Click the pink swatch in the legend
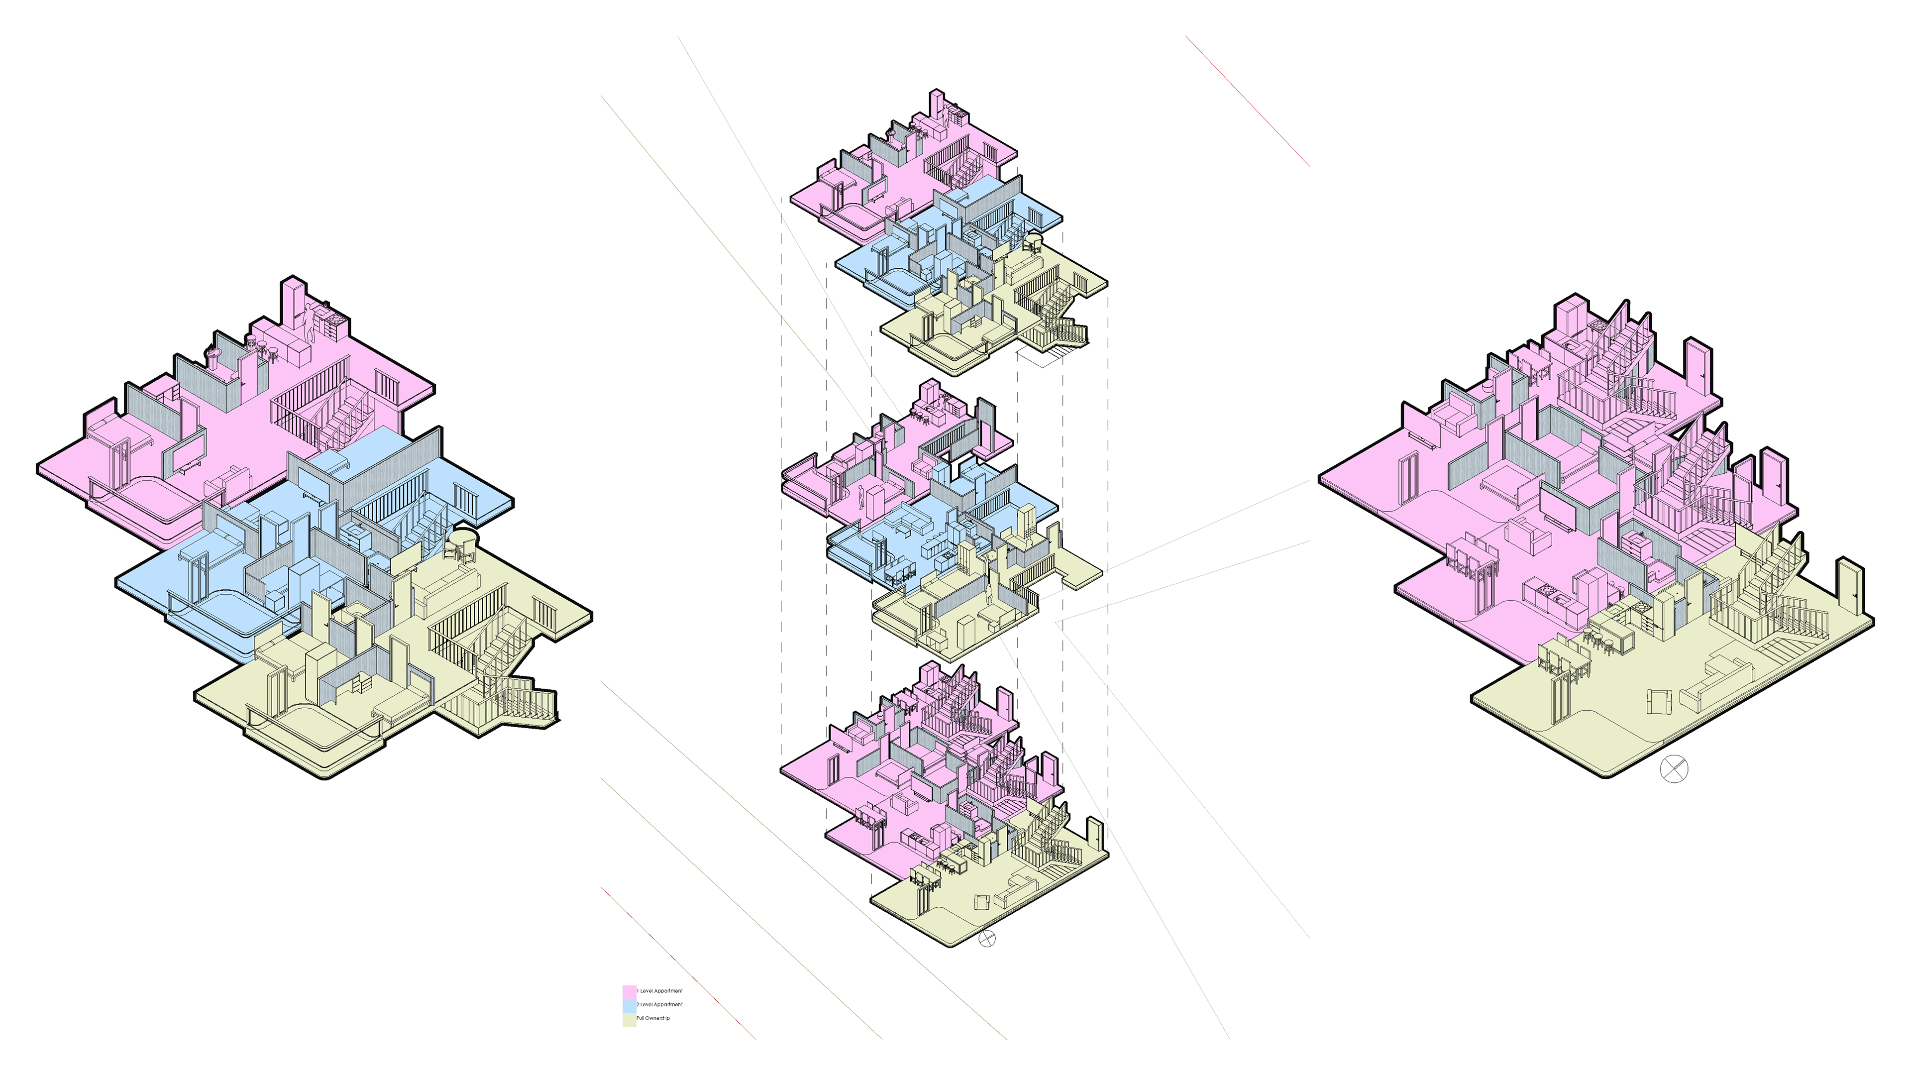(629, 992)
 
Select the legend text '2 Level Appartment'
(659, 1004)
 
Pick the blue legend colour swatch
(629, 1006)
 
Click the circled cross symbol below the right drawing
(1673, 768)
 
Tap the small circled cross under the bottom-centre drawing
(987, 939)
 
